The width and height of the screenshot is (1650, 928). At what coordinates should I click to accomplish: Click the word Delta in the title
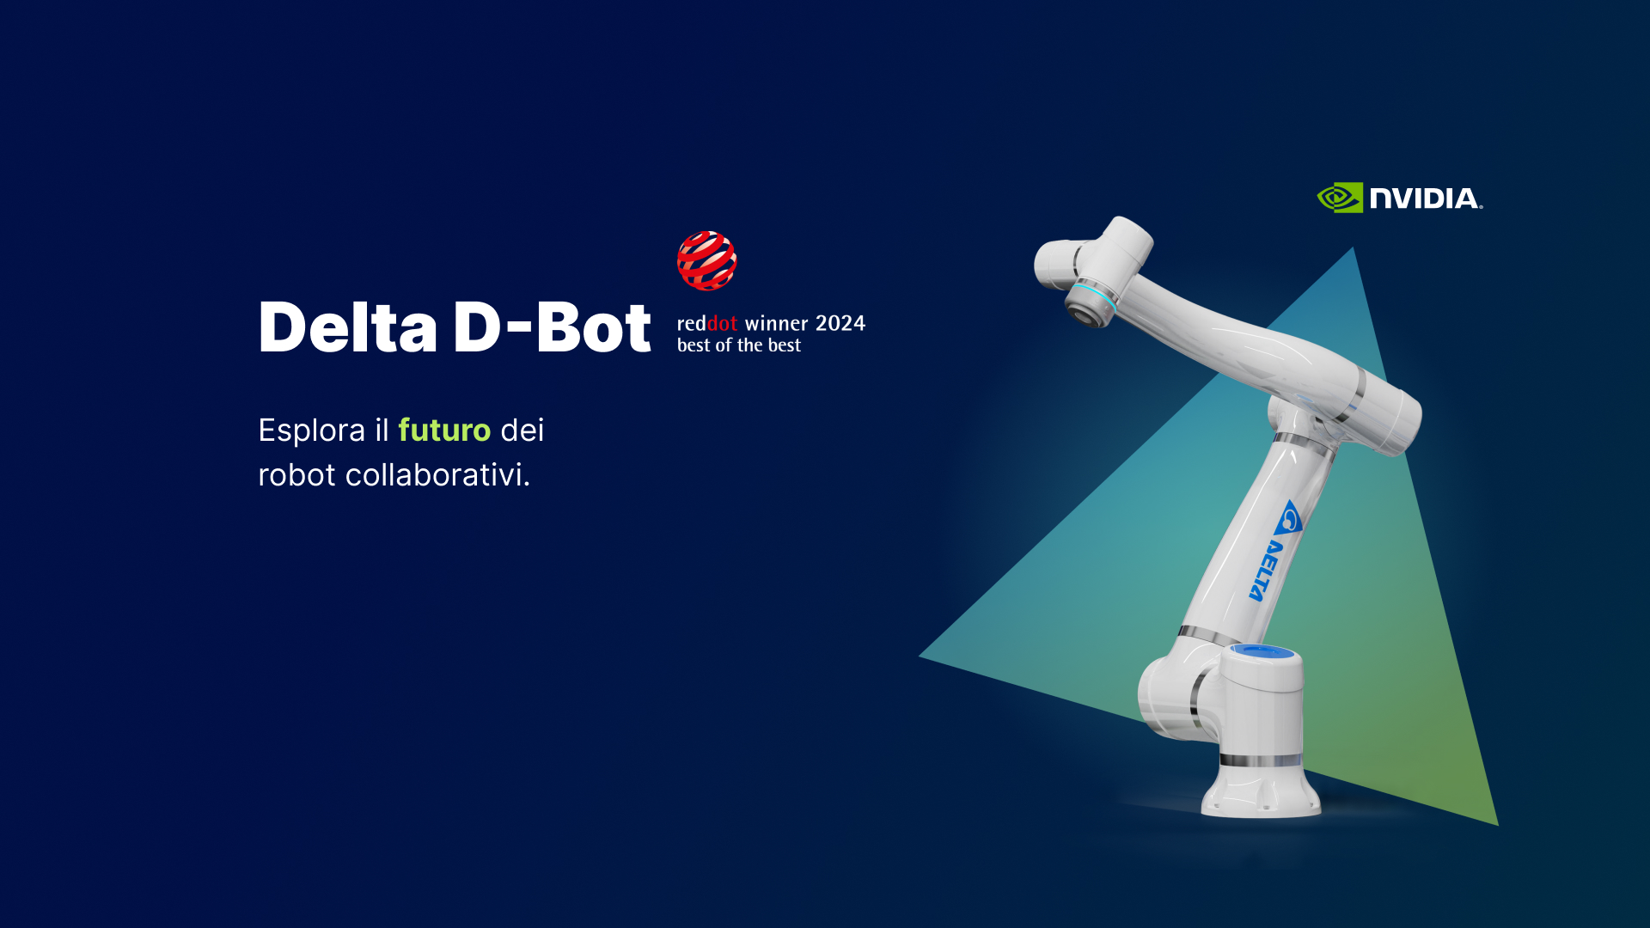[348, 327]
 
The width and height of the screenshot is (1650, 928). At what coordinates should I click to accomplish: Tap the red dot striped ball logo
[706, 260]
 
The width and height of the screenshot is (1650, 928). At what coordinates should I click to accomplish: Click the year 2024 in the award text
[840, 323]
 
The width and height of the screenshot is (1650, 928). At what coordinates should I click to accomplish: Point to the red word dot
[722, 323]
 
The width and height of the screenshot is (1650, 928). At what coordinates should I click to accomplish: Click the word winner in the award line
[777, 323]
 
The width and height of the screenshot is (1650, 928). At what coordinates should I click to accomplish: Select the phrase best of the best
[739, 345]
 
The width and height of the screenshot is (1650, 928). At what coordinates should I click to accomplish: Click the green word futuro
[444, 430]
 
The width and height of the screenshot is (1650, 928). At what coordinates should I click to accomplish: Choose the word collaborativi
[437, 474]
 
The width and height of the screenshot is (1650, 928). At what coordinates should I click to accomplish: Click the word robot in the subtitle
[296, 475]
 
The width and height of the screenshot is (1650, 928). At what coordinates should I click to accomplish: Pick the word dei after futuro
[522, 430]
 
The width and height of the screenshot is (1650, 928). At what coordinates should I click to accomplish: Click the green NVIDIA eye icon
[1340, 198]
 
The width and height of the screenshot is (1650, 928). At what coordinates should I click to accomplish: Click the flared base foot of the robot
[1261, 791]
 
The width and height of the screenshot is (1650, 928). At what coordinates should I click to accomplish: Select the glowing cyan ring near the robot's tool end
[1097, 297]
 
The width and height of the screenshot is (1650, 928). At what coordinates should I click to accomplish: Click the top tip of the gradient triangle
[1354, 247]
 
